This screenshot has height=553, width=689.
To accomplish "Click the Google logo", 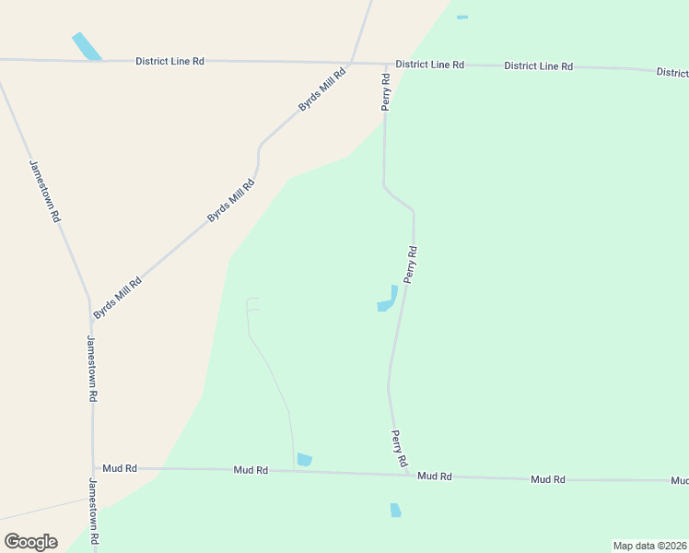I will (x=30, y=542).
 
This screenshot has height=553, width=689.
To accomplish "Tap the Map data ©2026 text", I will (x=649, y=546).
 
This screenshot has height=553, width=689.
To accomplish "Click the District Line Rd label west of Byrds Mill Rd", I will (x=169, y=61).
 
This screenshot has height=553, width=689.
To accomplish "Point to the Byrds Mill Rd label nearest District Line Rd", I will (x=321, y=89).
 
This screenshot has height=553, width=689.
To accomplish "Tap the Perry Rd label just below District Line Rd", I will (x=387, y=93).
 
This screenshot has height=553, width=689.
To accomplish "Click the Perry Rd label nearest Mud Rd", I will (x=400, y=448).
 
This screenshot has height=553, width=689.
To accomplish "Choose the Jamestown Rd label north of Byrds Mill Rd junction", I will (x=44, y=192).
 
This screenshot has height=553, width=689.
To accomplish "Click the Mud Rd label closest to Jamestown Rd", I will (x=120, y=468).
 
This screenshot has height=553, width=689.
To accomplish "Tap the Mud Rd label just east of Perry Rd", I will (x=434, y=476).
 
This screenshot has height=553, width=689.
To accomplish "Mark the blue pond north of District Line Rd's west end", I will (x=88, y=47).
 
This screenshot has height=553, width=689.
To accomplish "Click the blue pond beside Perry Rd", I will (x=388, y=300).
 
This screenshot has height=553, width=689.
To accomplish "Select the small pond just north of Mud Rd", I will (x=305, y=459).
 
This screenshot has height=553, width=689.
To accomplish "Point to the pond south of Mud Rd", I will (x=395, y=510).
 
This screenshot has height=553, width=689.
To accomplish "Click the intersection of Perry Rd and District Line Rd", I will (x=384, y=65).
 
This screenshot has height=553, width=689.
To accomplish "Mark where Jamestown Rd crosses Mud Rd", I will (x=93, y=468).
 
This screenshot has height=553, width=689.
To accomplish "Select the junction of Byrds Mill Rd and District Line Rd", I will (x=353, y=63).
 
